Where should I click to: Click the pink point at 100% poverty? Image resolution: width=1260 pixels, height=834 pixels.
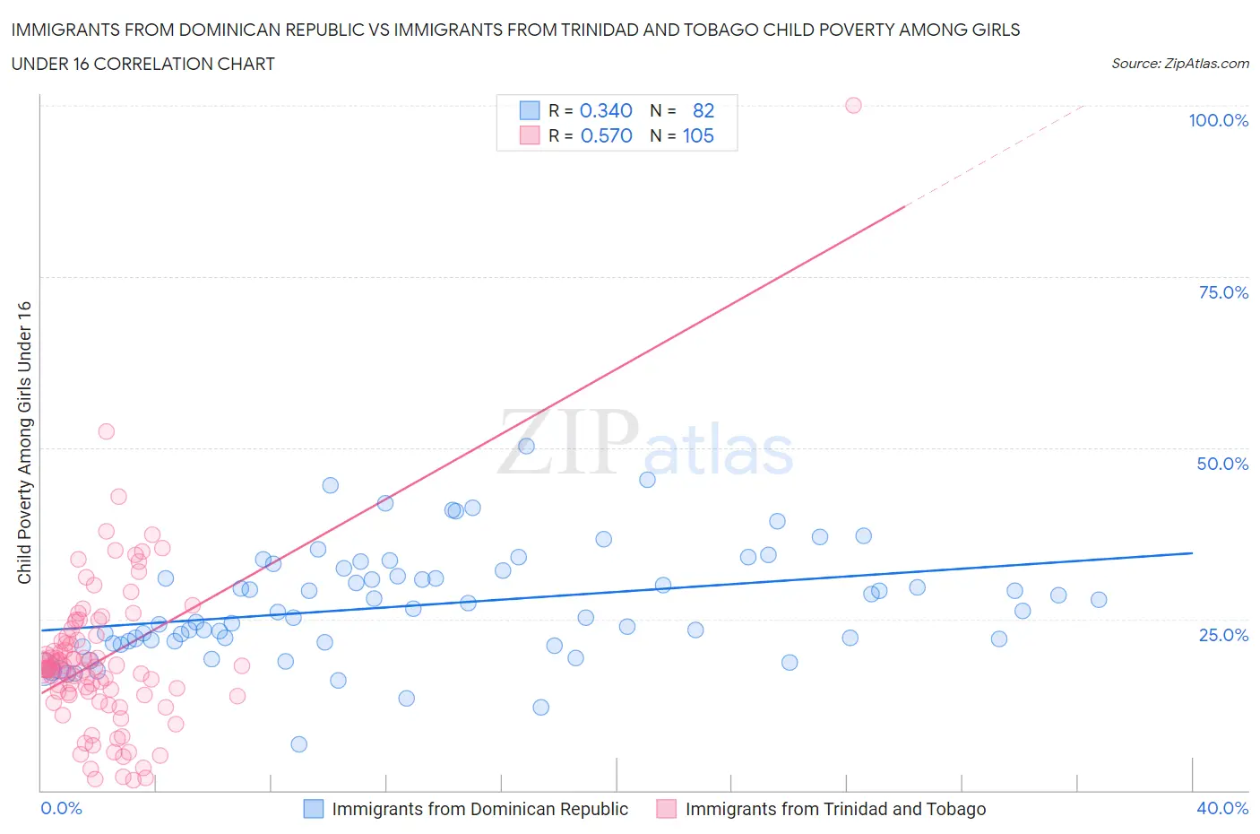pyautogui.click(x=853, y=106)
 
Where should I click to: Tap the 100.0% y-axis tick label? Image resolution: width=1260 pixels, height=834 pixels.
pyautogui.click(x=1218, y=121)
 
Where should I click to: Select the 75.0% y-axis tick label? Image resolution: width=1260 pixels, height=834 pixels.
pyautogui.click(x=1222, y=292)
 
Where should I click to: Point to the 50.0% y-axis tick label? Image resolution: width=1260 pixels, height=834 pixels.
pyautogui.click(x=1222, y=464)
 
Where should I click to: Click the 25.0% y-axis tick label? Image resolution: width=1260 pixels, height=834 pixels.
pyautogui.click(x=1222, y=635)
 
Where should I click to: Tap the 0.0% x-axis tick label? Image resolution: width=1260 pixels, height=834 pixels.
pyautogui.click(x=61, y=808)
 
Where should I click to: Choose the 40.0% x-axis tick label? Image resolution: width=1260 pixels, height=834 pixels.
pyautogui.click(x=1222, y=808)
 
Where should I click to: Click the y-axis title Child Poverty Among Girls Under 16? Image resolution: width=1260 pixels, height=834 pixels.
pyautogui.click(x=25, y=442)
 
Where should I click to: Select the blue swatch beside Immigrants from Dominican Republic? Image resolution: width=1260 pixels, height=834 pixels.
pyautogui.click(x=313, y=809)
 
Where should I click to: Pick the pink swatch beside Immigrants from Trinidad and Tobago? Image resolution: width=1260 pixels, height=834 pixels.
pyautogui.click(x=666, y=809)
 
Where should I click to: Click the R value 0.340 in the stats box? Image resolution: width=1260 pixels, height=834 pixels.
pyautogui.click(x=606, y=110)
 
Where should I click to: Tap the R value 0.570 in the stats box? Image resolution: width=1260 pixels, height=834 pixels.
pyautogui.click(x=606, y=135)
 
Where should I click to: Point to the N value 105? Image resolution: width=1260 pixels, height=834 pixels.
pyautogui.click(x=698, y=135)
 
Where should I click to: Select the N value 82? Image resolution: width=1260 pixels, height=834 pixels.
pyautogui.click(x=703, y=110)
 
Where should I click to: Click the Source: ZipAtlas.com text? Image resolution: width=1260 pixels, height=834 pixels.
pyautogui.click(x=1179, y=64)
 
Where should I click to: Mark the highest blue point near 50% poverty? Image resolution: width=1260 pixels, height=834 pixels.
pyautogui.click(x=526, y=447)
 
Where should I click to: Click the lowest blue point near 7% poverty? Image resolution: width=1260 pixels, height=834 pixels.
pyautogui.click(x=299, y=744)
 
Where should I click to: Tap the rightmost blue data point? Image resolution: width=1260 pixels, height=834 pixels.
pyautogui.click(x=1099, y=600)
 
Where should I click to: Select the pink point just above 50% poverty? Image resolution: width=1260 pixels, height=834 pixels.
pyautogui.click(x=106, y=431)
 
